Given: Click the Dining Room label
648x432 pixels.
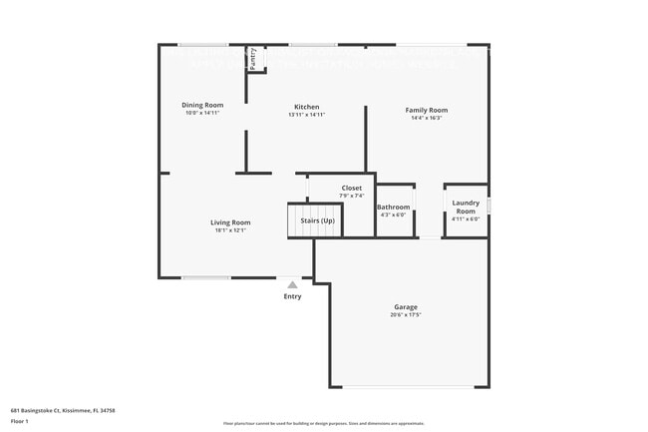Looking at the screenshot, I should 201,105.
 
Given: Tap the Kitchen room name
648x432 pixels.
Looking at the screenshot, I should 306,107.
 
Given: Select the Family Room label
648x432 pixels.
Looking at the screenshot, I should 426,110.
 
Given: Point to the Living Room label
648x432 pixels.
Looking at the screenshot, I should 230,222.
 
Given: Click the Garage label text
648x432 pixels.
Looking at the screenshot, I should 406,306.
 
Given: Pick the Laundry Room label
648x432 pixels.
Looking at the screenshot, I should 466,208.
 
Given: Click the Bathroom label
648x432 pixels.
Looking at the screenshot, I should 393,207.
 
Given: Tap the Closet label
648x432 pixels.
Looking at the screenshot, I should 352,188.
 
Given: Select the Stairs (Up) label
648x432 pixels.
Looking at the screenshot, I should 317,219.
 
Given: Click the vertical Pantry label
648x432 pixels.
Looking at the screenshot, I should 252,58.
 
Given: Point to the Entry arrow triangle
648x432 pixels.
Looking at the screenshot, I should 292,284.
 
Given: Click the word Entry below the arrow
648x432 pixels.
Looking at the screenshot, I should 292,296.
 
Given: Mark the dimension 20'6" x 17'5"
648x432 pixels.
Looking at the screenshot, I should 406,314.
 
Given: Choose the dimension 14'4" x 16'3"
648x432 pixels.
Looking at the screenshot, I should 426,118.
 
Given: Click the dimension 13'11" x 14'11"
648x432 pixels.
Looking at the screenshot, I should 306,114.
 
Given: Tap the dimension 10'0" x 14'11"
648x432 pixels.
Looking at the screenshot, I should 201,113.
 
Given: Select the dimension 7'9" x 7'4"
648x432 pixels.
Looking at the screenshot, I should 352,196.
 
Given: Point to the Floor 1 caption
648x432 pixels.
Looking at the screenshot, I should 20,421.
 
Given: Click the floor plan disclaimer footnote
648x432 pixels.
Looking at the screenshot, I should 323,423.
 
